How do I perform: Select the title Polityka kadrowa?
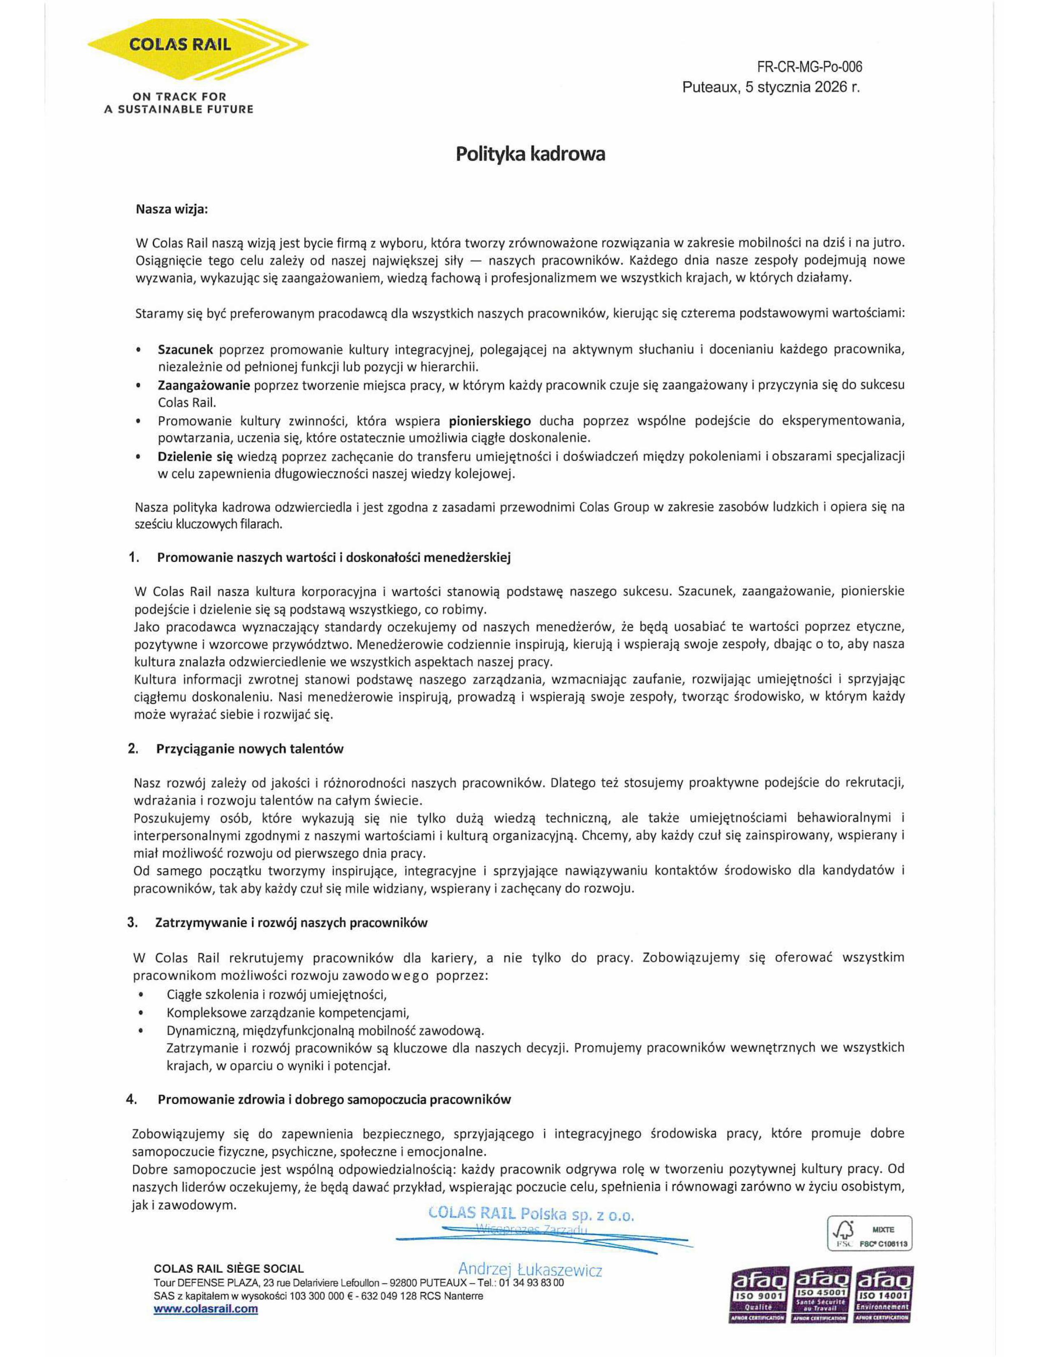(x=530, y=154)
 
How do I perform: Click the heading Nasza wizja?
(x=172, y=209)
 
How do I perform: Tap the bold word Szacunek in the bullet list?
(x=185, y=349)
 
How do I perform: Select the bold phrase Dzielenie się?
(x=195, y=456)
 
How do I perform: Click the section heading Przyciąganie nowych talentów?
(x=250, y=749)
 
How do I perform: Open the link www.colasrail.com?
(x=206, y=1309)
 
